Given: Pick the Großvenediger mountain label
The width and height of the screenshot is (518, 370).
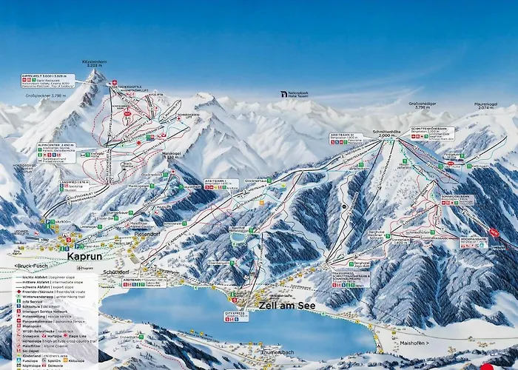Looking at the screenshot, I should pyautogui.click(x=423, y=105).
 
